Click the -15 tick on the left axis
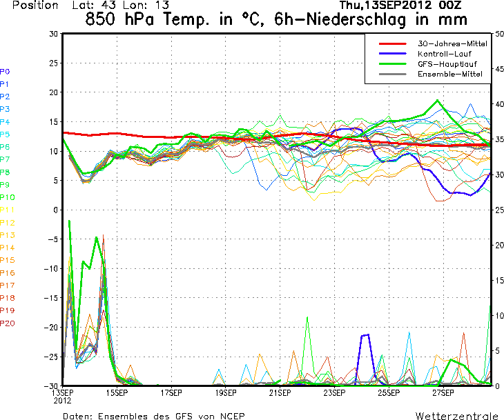click(51, 298)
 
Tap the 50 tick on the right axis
click(499, 33)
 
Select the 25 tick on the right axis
click(499, 210)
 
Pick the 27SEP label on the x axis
click(443, 393)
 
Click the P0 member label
click(5, 71)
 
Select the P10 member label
click(7, 197)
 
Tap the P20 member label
click(7, 323)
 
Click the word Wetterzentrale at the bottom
click(456, 416)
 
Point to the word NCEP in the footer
click(230, 416)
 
